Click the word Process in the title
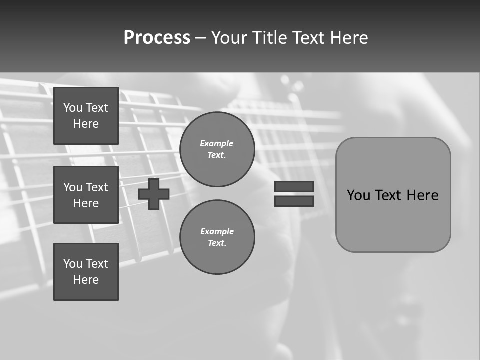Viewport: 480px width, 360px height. pos(157,38)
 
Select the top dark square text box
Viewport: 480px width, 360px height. pos(86,116)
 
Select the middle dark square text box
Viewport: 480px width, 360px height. pos(86,195)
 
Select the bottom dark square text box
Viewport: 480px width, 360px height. pos(86,272)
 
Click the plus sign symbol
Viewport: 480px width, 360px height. pos(154,194)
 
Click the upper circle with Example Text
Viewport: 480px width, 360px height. pos(217,149)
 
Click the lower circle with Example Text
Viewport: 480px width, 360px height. pos(217,237)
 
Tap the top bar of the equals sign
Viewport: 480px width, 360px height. pos(294,186)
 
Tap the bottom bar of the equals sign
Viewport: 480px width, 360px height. pos(294,201)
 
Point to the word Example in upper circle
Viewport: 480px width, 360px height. pos(217,143)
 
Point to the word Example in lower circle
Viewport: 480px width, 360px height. pos(217,231)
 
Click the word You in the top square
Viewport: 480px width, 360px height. pos(72,108)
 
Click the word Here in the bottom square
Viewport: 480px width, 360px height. pos(86,280)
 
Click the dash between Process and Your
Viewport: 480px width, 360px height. pos(200,38)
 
